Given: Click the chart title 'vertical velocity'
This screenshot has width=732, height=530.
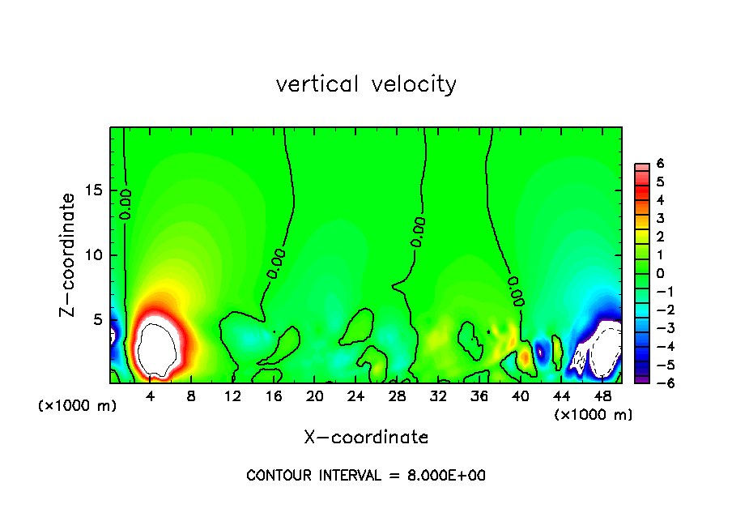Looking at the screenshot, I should click(366, 84).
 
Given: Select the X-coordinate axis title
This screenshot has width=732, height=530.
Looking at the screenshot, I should click(366, 438).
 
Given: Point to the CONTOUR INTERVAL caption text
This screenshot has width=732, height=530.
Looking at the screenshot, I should click(366, 476).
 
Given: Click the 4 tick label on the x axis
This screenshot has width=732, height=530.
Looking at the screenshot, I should click(151, 396).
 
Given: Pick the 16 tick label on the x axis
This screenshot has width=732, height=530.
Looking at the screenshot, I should click(274, 396).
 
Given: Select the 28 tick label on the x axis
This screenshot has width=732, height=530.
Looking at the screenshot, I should click(397, 396).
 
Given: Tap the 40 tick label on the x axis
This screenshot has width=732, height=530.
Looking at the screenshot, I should click(521, 396).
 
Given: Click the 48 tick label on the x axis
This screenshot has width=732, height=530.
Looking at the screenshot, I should click(602, 396).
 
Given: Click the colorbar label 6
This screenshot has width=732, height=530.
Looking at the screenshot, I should click(660, 163).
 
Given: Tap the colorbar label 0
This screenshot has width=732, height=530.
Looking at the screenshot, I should click(660, 273).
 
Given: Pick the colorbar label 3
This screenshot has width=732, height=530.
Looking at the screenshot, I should click(660, 218).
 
